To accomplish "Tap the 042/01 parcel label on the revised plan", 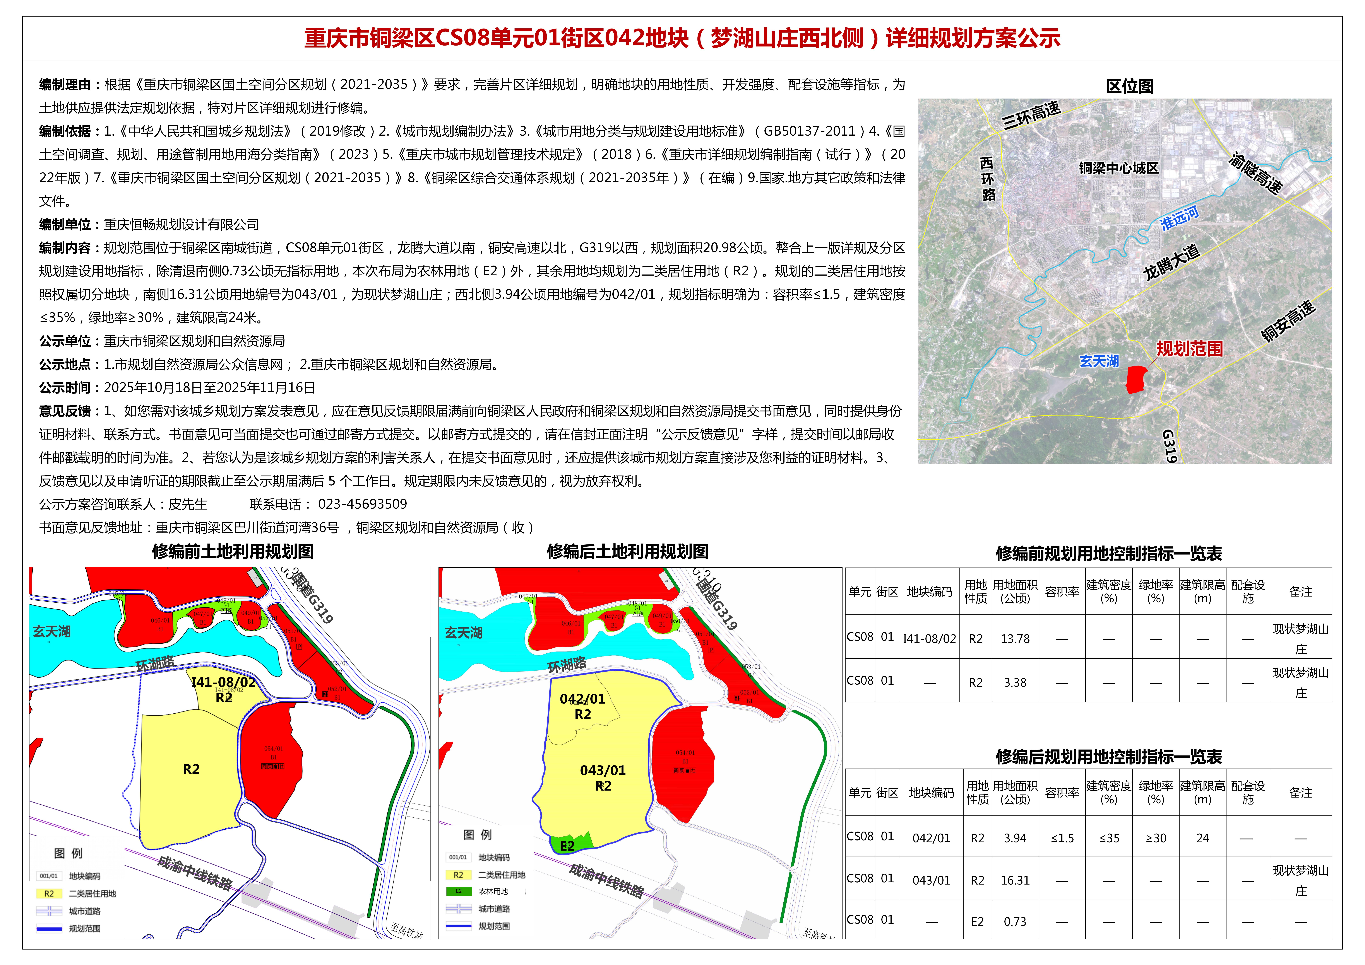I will pyautogui.click(x=583, y=699).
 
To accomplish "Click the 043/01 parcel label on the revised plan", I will pyautogui.click(x=603, y=771).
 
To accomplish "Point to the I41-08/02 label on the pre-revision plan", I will pyautogui.click(x=224, y=682).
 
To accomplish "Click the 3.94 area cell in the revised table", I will pyautogui.click(x=1015, y=838).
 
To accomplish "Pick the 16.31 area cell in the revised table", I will pyautogui.click(x=1015, y=880).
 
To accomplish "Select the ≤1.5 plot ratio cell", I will pyautogui.click(x=1062, y=838).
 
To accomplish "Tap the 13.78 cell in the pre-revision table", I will pyautogui.click(x=1015, y=639).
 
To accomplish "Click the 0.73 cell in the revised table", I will pyautogui.click(x=1015, y=922).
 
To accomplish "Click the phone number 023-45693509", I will pyautogui.click(x=363, y=505).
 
